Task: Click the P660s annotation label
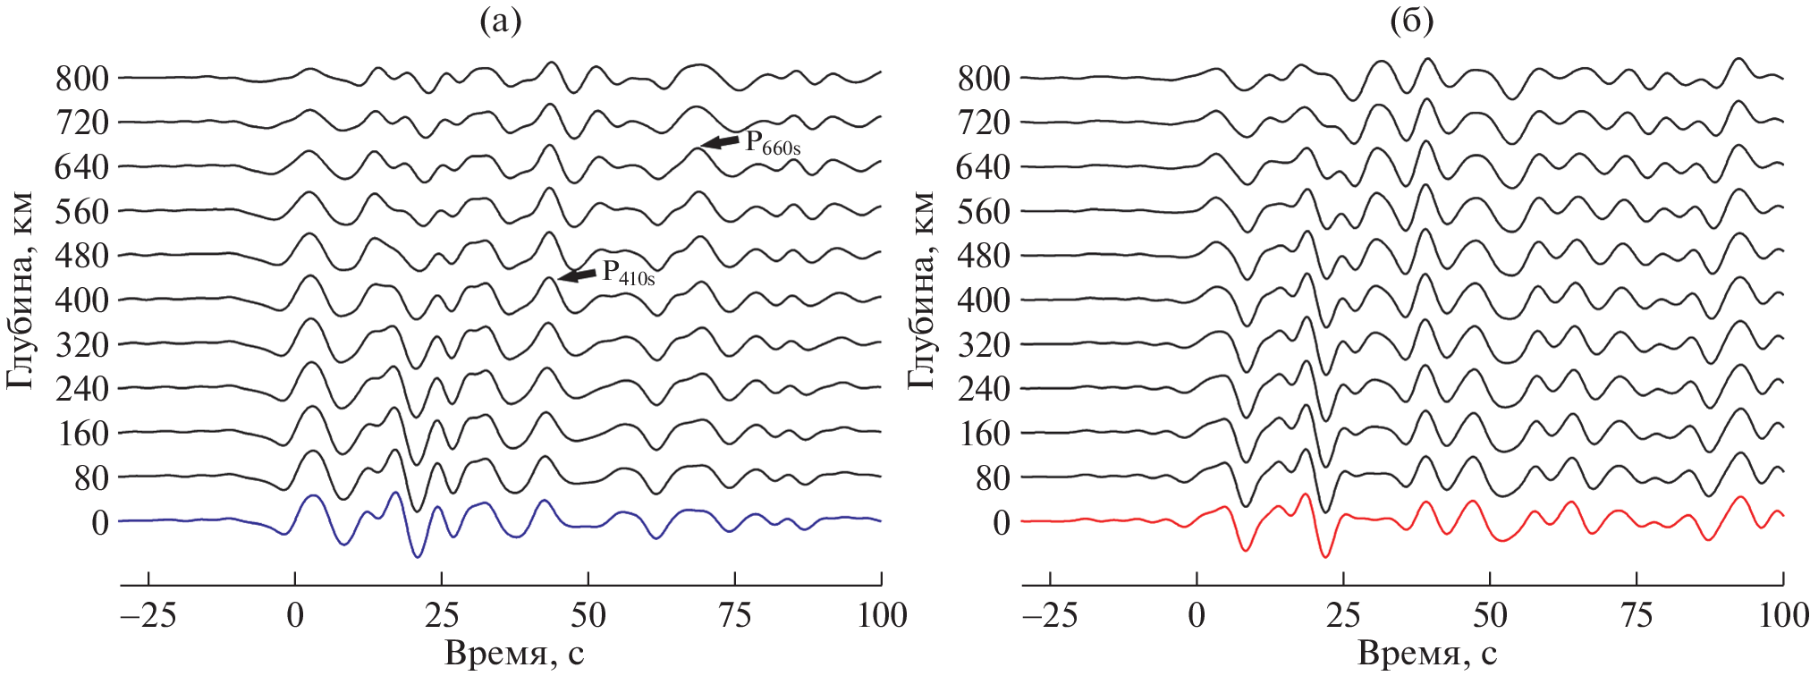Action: pyautogui.click(x=773, y=143)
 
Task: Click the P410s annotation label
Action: pyautogui.click(x=628, y=273)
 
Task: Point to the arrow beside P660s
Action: pyautogui.click(x=719, y=141)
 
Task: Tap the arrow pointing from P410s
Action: pyautogui.click(x=577, y=275)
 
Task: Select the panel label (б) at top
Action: pyautogui.click(x=1412, y=21)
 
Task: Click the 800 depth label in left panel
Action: pyautogui.click(x=82, y=79)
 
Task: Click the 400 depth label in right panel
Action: pyautogui.click(x=984, y=300)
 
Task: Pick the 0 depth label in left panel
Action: pyautogui.click(x=100, y=522)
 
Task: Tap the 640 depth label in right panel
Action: pyautogui.click(x=984, y=167)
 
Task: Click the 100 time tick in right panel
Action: pyautogui.click(x=1782, y=615)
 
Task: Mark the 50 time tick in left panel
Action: pyautogui.click(x=588, y=615)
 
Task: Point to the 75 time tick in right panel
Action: pyautogui.click(x=1637, y=615)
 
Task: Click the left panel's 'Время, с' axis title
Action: pyautogui.click(x=514, y=655)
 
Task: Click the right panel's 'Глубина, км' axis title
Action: pyautogui.click(x=921, y=291)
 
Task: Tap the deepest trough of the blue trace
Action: pyautogui.click(x=418, y=557)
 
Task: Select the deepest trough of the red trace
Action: pyautogui.click(x=1325, y=557)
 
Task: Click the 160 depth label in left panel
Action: pyautogui.click(x=82, y=434)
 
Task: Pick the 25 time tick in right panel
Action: pyautogui.click(x=1343, y=615)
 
